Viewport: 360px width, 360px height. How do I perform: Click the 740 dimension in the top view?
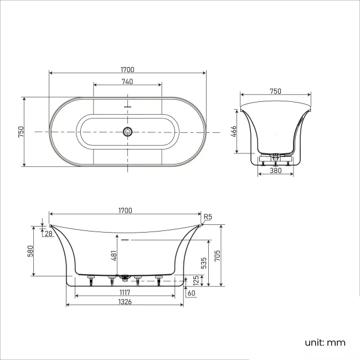click(127, 81)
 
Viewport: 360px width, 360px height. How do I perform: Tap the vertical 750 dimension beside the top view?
click(21, 131)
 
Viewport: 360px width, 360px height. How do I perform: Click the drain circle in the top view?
click(128, 131)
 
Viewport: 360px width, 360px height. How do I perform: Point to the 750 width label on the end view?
click(275, 91)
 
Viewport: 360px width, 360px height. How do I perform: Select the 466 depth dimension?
click(234, 131)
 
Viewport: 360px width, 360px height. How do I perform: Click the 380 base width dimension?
click(275, 171)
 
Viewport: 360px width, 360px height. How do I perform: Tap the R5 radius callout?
click(208, 217)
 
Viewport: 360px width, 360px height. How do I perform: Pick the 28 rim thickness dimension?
click(48, 234)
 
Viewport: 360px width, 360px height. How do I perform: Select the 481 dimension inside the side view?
click(114, 255)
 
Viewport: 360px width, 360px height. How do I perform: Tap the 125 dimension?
click(195, 281)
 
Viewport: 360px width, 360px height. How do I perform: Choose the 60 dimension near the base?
click(192, 292)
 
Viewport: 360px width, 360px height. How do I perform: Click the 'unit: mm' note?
click(325, 342)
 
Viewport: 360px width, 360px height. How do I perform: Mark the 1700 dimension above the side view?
click(125, 210)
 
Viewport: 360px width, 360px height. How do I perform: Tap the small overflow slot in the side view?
click(125, 240)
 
